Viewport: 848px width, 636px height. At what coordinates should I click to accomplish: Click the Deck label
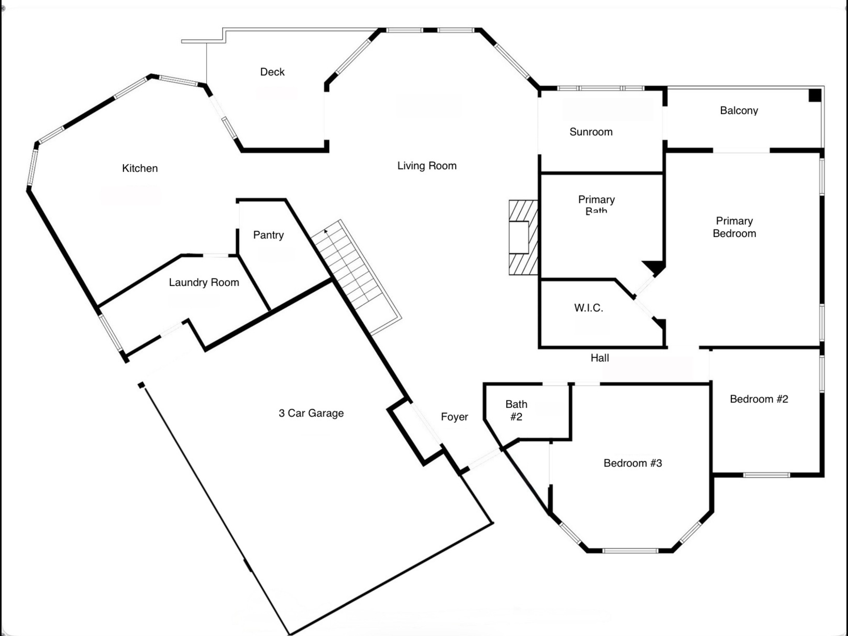tap(272, 72)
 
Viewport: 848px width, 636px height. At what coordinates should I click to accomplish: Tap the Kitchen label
tap(140, 169)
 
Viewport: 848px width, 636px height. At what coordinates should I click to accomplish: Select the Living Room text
tap(426, 166)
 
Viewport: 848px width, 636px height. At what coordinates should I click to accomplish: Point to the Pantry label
tap(268, 235)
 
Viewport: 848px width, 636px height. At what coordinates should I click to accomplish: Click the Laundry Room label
tap(204, 282)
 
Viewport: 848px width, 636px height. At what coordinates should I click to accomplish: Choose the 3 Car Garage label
tap(311, 413)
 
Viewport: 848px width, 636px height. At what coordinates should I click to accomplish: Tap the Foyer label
tap(454, 417)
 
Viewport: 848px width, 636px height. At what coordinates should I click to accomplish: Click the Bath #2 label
tap(516, 410)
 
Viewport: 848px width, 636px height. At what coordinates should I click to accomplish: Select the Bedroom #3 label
tap(632, 463)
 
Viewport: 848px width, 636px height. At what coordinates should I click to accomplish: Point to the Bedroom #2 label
tap(759, 399)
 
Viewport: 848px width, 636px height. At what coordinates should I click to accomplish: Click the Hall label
tap(600, 358)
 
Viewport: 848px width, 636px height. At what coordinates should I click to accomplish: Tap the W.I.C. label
tap(588, 308)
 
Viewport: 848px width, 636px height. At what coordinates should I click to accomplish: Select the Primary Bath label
tap(596, 205)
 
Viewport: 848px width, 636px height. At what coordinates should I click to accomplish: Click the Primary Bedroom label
tap(734, 227)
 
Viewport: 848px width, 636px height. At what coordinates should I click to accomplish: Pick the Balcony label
tap(739, 111)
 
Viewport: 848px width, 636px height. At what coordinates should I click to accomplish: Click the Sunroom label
tap(591, 132)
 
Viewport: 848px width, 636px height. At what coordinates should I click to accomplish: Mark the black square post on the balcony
tap(814, 95)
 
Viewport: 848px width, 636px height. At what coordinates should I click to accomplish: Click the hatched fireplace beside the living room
tap(523, 238)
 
